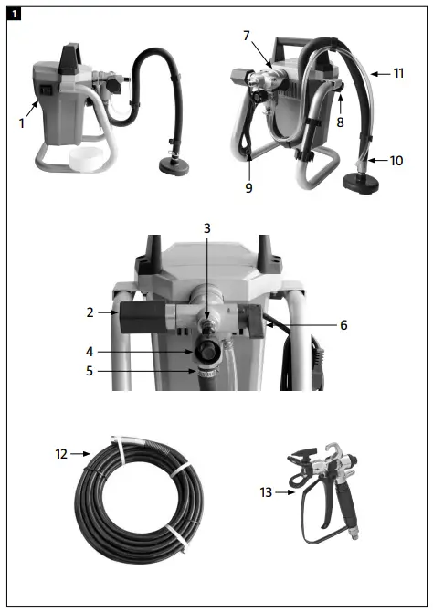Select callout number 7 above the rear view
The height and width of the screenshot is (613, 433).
tap(246, 35)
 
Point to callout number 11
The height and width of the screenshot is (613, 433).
tap(398, 71)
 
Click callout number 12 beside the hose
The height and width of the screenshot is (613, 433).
tap(61, 452)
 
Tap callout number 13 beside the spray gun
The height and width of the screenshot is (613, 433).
tap(266, 493)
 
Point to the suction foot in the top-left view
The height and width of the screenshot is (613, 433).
tap(171, 166)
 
